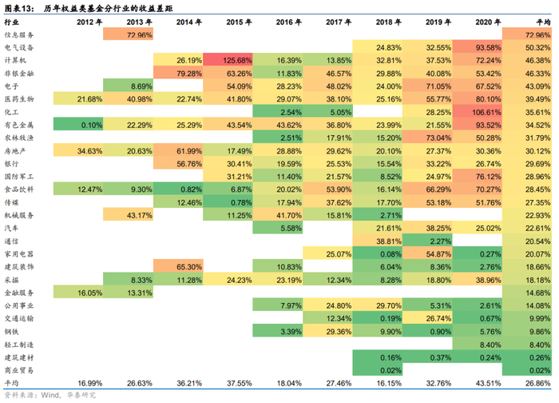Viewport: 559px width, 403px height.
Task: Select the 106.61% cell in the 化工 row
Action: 477,113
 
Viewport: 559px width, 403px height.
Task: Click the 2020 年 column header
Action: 477,22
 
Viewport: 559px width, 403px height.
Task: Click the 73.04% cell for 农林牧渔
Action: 427,138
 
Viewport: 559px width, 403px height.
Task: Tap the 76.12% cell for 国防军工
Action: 477,175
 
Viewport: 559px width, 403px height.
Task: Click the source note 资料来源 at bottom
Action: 48,395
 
